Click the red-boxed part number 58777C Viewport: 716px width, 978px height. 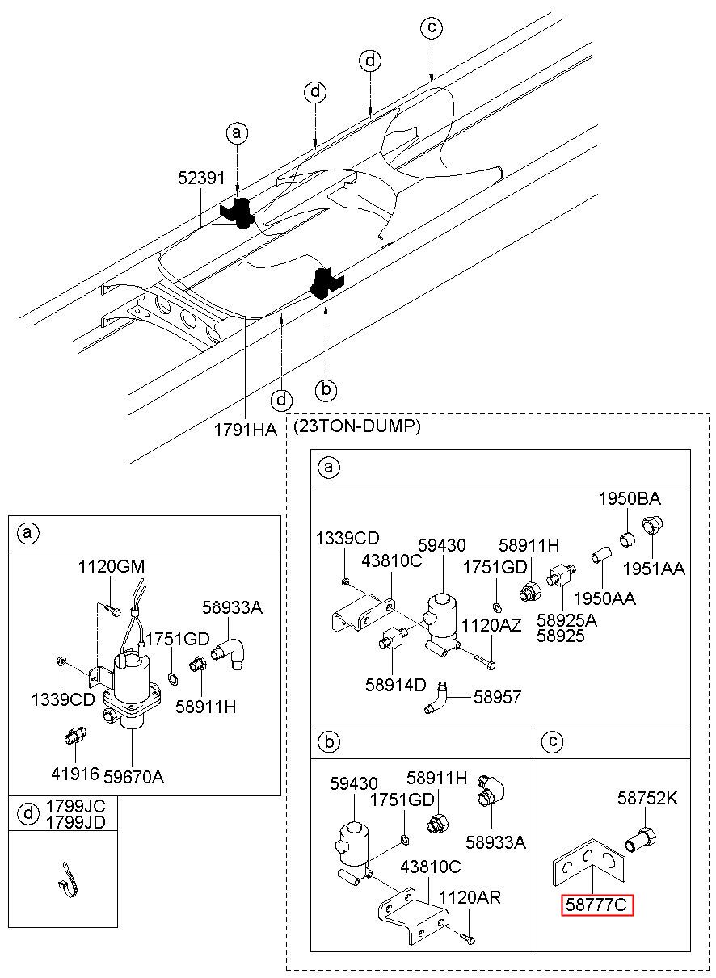point(596,905)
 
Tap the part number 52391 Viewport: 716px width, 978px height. point(201,178)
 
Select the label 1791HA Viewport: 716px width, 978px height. point(246,430)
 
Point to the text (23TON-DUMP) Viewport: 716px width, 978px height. point(357,426)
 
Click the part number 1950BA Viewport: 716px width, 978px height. point(630,498)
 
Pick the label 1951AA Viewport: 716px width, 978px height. point(654,569)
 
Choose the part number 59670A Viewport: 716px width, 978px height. point(133,777)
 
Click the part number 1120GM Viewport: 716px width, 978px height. point(112,567)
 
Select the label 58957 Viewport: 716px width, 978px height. point(498,697)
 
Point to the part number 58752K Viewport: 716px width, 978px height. point(647,798)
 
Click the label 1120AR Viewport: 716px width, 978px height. point(470,898)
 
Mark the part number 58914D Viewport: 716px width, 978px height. point(396,685)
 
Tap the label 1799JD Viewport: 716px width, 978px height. point(76,822)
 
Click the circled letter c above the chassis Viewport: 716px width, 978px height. point(432,27)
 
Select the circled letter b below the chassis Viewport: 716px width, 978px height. point(326,388)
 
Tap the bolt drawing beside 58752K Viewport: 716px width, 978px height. point(641,839)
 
